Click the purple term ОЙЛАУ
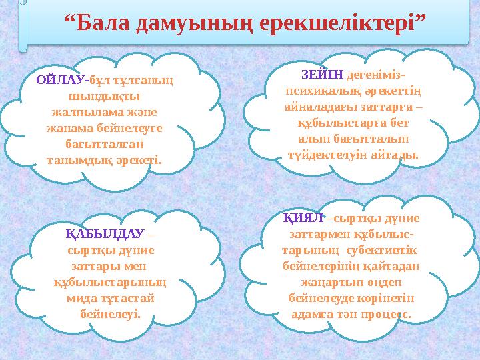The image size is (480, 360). (x=61, y=79)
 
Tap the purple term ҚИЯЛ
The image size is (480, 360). (x=302, y=217)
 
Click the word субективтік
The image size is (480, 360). (x=381, y=250)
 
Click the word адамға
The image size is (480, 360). (x=312, y=313)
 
